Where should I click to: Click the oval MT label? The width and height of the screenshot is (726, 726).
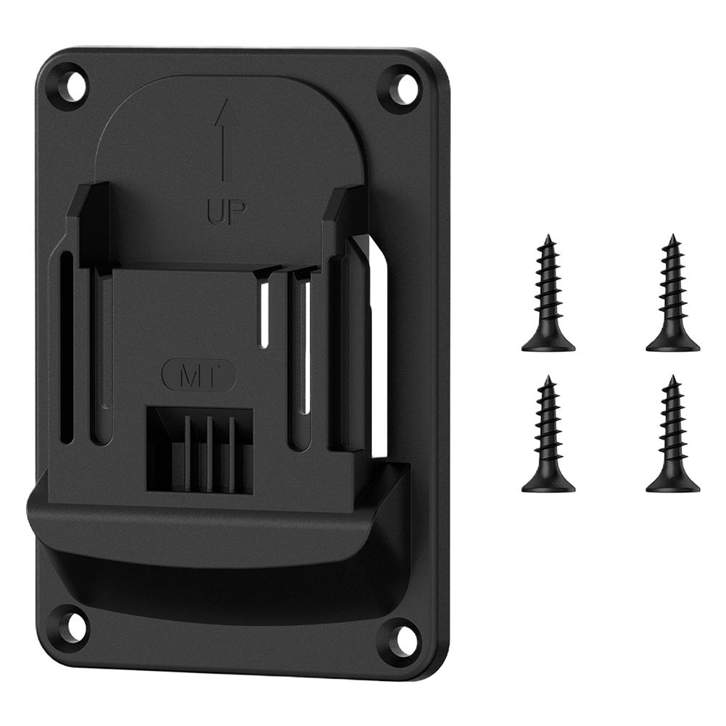click(198, 376)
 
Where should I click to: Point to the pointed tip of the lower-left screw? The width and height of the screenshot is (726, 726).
click(549, 379)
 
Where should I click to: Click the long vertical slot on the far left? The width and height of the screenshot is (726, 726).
click(67, 348)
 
